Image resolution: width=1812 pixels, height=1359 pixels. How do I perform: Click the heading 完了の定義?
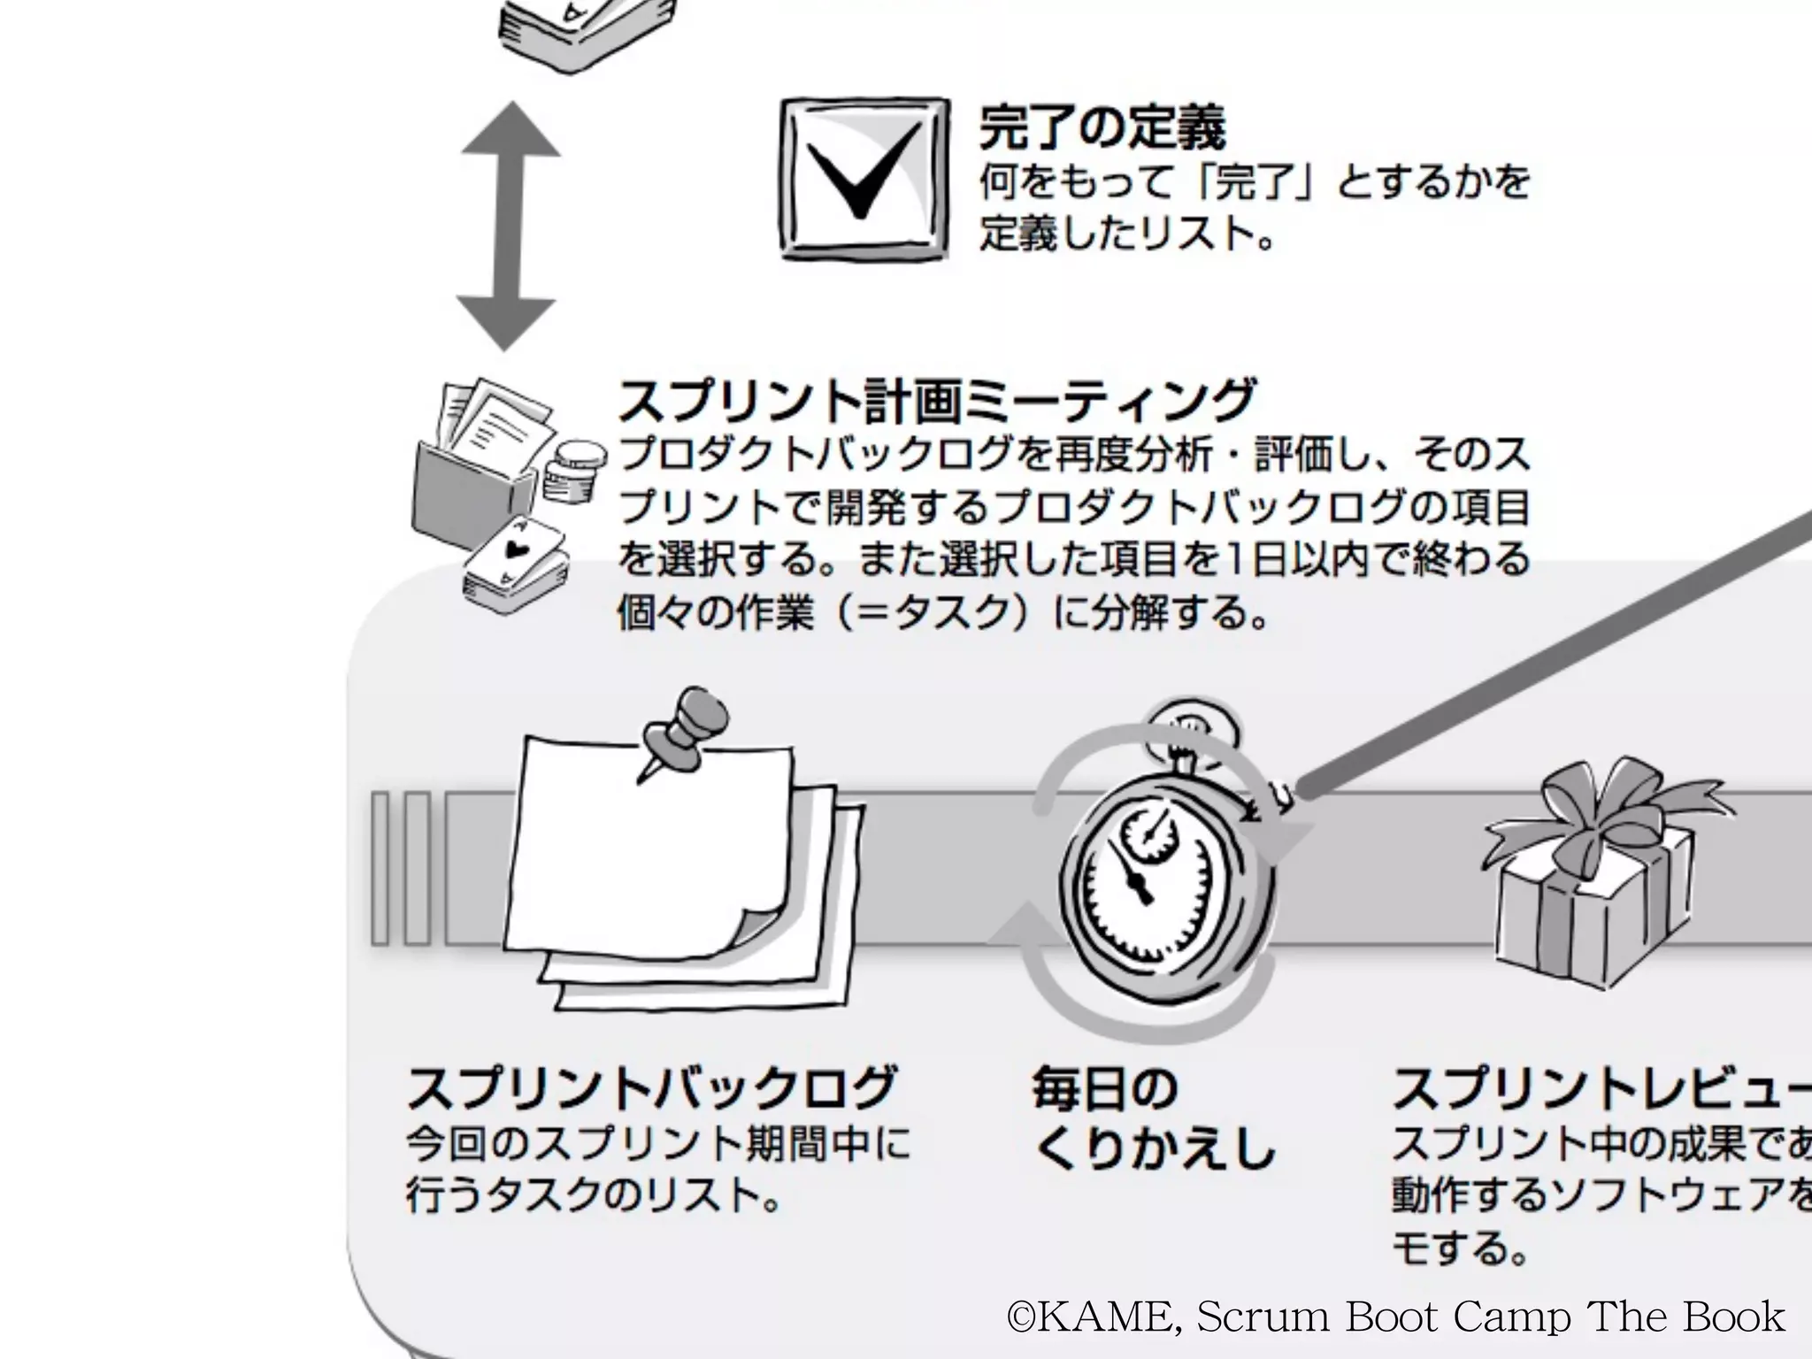(1102, 128)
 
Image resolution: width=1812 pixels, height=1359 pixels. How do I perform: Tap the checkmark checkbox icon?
(863, 179)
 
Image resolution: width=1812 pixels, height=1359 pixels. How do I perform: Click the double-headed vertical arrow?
(509, 226)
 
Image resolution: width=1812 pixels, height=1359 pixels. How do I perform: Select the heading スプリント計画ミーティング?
(936, 401)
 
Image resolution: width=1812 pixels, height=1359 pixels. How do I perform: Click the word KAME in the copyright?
(1106, 1317)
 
